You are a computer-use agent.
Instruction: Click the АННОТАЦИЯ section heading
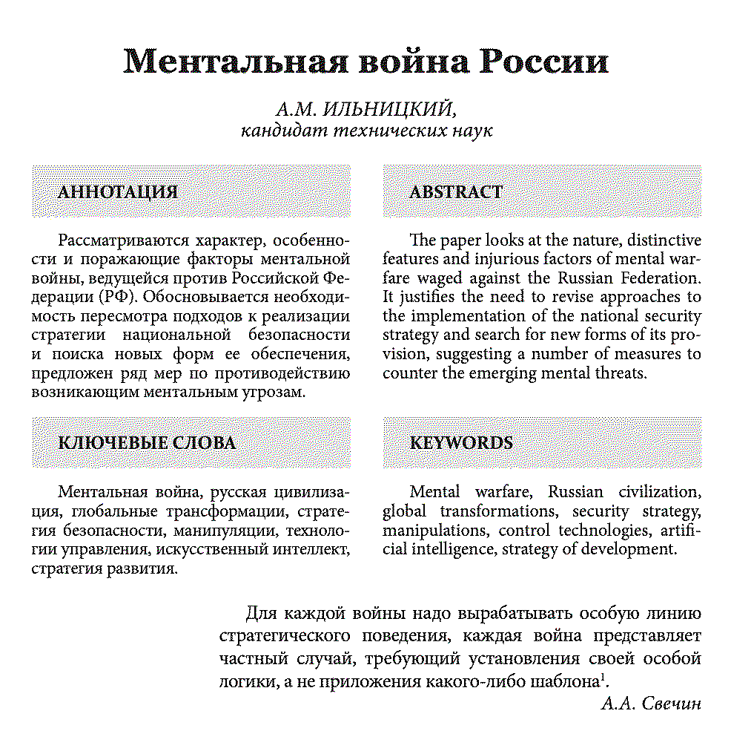pos(118,192)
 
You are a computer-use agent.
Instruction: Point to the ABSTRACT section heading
pos(455,192)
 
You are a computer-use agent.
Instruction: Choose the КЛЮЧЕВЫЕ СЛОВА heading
pos(147,443)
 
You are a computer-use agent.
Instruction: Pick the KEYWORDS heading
pos(461,443)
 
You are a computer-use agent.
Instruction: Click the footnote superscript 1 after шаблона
pos(603,677)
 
